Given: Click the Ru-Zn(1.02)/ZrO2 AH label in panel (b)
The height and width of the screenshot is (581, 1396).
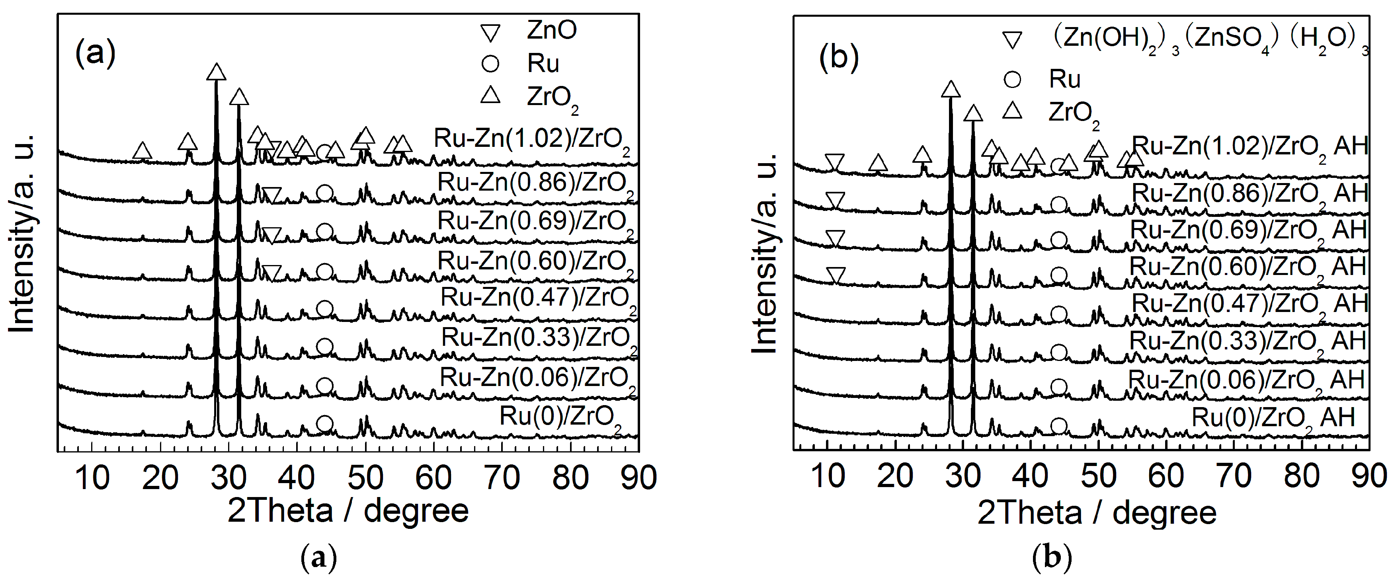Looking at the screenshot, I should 1250,147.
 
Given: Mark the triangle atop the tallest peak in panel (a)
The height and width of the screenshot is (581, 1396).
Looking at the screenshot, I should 216,72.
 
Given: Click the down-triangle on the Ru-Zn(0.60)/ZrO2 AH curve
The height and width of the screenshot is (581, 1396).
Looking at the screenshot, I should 836,275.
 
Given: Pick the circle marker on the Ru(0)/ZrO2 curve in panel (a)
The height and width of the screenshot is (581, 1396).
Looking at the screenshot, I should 324,424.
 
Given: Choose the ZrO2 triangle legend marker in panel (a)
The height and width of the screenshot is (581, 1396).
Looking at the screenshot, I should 491,96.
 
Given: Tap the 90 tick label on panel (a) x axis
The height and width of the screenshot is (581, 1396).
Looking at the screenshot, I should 638,478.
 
